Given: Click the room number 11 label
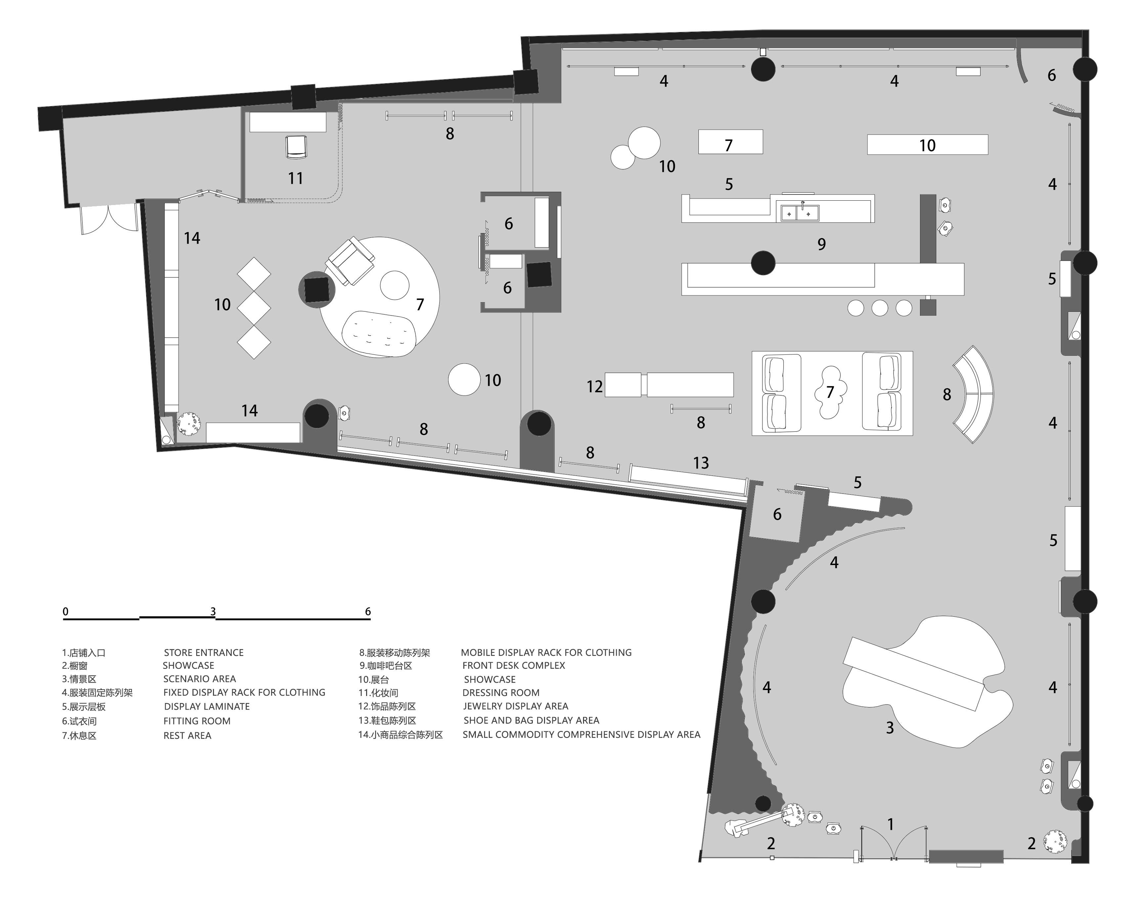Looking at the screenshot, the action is click(296, 179).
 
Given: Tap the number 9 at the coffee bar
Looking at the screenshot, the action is click(821, 244).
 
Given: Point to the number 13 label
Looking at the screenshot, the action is click(701, 463).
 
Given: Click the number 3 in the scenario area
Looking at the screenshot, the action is click(890, 728).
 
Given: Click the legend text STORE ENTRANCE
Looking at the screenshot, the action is click(204, 653).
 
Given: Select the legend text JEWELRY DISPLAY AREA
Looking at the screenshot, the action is click(515, 706).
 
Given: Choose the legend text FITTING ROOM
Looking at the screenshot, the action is click(197, 721).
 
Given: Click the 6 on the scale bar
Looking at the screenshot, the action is click(368, 611).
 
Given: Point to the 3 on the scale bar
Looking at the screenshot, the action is click(213, 611).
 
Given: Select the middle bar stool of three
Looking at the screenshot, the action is click(880, 308).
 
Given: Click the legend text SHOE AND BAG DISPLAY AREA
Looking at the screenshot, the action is click(531, 720).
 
